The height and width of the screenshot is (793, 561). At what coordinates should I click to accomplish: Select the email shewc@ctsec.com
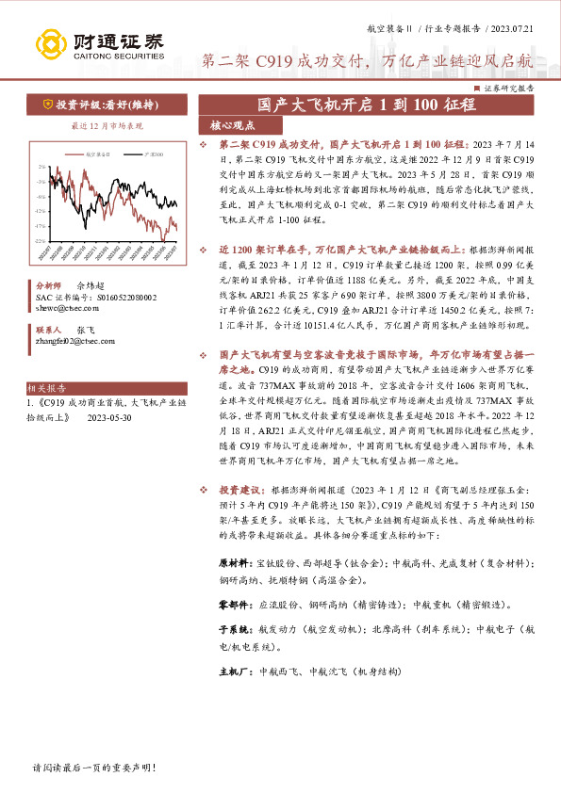point(65,307)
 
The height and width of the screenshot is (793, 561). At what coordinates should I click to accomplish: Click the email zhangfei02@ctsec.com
point(76,343)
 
